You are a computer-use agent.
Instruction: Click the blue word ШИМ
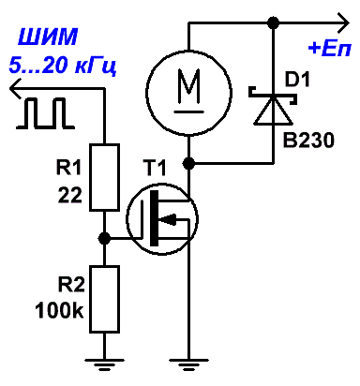pos(48,37)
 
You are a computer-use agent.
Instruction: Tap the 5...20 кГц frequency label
pos(63,66)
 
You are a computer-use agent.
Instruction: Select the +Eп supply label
pos(330,49)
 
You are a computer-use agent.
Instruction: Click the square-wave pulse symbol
pos(46,113)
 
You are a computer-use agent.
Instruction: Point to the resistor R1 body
pos(104,177)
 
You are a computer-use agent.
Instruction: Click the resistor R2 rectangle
pos(104,299)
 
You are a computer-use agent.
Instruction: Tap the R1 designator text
pos(68,168)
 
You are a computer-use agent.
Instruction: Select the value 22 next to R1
pos(70,196)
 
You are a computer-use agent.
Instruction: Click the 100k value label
pos(59,310)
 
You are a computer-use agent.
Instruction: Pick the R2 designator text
pos(71,285)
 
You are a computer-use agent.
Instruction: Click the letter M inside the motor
pos(188,86)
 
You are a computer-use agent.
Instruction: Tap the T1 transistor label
pos(155,168)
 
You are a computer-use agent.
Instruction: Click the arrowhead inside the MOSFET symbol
pos(169,219)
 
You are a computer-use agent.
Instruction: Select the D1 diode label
pos(297,80)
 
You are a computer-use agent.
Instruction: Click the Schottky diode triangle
pos(274,110)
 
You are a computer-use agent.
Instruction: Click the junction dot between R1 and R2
pos(104,239)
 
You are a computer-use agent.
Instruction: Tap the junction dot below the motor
pos(188,163)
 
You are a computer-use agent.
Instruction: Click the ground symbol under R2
pos(104,364)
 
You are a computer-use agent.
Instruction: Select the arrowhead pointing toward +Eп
pos(343,22)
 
